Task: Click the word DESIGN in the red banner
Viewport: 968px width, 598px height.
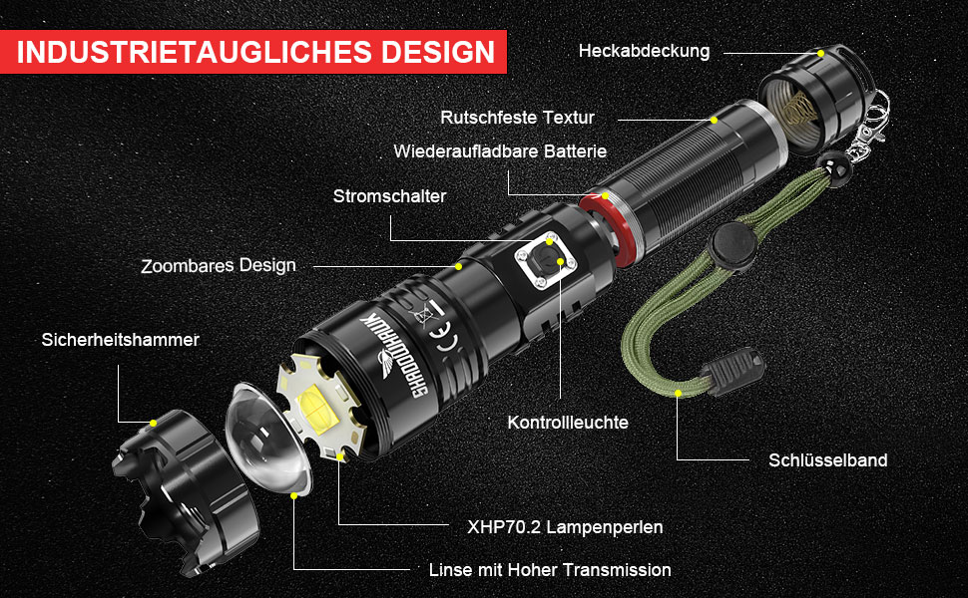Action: tap(438, 52)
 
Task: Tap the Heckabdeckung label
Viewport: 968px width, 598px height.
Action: tap(644, 51)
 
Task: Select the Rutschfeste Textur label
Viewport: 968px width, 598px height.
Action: tap(517, 118)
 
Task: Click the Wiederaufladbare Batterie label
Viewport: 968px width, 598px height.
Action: tap(500, 151)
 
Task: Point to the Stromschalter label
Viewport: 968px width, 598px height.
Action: tap(389, 196)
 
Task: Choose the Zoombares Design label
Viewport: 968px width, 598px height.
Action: tap(219, 266)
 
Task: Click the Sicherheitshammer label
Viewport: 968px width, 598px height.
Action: tap(121, 340)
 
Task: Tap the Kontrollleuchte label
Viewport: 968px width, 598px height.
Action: tap(568, 423)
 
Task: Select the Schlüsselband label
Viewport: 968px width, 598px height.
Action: tap(828, 459)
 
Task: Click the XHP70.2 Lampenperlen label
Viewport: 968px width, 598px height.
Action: tap(565, 527)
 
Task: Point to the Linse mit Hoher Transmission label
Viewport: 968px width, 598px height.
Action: tap(550, 570)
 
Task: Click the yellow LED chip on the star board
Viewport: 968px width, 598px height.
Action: tap(317, 408)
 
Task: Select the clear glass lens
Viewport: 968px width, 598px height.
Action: tap(266, 438)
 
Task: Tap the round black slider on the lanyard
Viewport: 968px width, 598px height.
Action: tap(732, 245)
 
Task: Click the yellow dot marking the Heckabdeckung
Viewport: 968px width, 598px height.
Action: tap(820, 54)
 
